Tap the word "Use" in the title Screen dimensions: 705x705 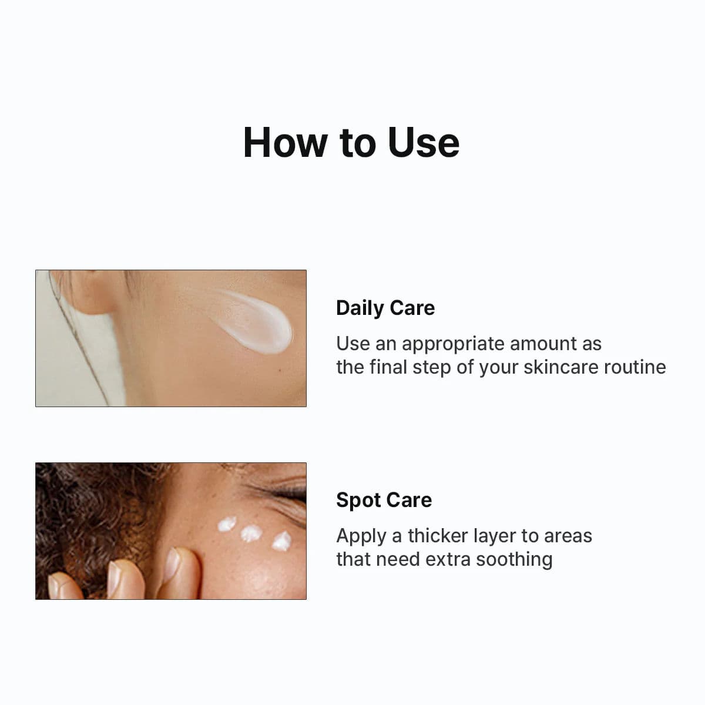click(424, 143)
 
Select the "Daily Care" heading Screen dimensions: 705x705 click(385, 308)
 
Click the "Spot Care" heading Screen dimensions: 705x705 click(384, 500)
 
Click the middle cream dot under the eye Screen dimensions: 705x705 click(252, 533)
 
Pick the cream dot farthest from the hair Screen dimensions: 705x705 click(281, 540)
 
